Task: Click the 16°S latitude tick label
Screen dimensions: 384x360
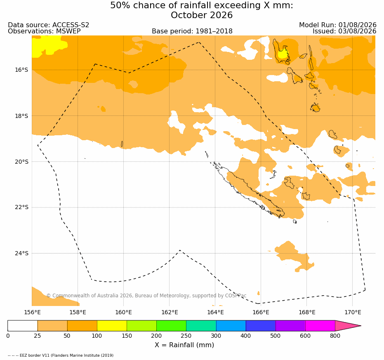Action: click(x=21, y=70)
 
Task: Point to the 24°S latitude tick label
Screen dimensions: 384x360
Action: click(x=21, y=253)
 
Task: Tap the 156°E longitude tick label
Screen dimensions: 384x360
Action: click(x=32, y=312)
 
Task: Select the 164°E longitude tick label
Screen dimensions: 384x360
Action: click(x=215, y=312)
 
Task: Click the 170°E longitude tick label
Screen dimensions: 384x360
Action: click(x=353, y=312)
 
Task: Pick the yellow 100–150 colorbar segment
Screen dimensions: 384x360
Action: click(x=112, y=326)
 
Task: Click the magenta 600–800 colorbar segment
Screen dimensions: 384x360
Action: click(x=320, y=326)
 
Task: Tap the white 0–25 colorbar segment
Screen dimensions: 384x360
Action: click(x=23, y=326)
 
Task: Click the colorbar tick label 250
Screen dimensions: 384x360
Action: click(x=186, y=336)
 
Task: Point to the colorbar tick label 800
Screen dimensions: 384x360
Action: click(x=335, y=336)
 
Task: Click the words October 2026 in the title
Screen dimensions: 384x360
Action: click(x=202, y=15)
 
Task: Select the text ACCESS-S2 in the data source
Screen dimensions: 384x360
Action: click(x=71, y=25)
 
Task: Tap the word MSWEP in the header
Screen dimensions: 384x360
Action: click(x=68, y=31)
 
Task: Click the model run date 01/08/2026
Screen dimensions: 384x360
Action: click(x=357, y=25)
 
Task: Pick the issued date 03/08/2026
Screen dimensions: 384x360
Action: click(x=357, y=31)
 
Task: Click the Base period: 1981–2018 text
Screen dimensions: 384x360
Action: click(x=192, y=31)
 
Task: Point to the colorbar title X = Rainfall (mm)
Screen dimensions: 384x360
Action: click(x=184, y=345)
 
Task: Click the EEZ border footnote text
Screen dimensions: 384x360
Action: click(x=61, y=355)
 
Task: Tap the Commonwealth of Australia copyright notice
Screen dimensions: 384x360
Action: click(x=146, y=296)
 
